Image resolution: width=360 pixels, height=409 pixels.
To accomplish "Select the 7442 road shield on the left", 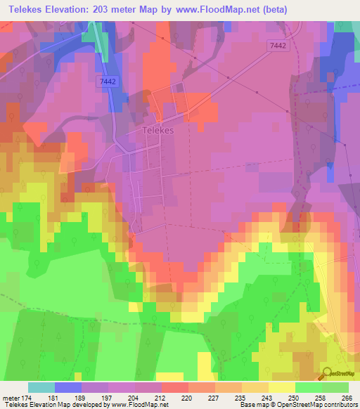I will pyautogui.click(x=107, y=82).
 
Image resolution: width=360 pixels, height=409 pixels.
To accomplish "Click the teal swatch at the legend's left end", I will pyautogui.click(x=41, y=388).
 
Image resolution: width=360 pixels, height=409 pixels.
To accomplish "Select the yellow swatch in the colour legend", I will pyautogui.click(x=281, y=388).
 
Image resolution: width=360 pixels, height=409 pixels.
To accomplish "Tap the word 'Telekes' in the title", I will pyautogui.click(x=25, y=8).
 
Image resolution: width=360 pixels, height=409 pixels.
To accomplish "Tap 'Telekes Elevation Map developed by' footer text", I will pyautogui.click(x=51, y=404).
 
